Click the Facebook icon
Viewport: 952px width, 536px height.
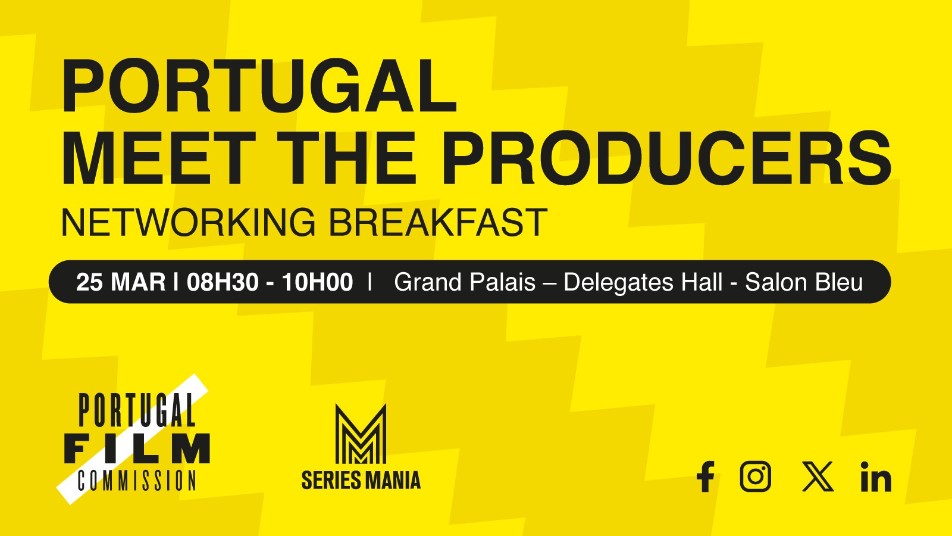click(x=705, y=477)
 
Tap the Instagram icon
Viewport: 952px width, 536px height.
click(x=756, y=476)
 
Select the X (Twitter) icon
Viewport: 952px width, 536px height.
click(x=818, y=476)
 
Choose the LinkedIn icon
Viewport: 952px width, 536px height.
click(x=876, y=477)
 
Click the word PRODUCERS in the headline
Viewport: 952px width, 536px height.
click(x=666, y=157)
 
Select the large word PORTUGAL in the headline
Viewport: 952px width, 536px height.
click(x=259, y=86)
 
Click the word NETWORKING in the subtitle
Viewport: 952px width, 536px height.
click(x=188, y=223)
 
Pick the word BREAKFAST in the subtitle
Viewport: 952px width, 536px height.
click(x=438, y=223)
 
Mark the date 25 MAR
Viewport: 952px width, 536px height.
click(x=120, y=282)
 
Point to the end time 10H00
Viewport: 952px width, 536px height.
click(x=317, y=282)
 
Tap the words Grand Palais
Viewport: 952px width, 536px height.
click(x=465, y=282)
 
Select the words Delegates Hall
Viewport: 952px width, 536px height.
click(x=643, y=282)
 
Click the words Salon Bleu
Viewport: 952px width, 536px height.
click(x=804, y=282)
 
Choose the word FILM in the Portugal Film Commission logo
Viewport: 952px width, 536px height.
click(x=137, y=448)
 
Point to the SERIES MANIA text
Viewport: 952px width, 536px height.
click(x=361, y=480)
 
